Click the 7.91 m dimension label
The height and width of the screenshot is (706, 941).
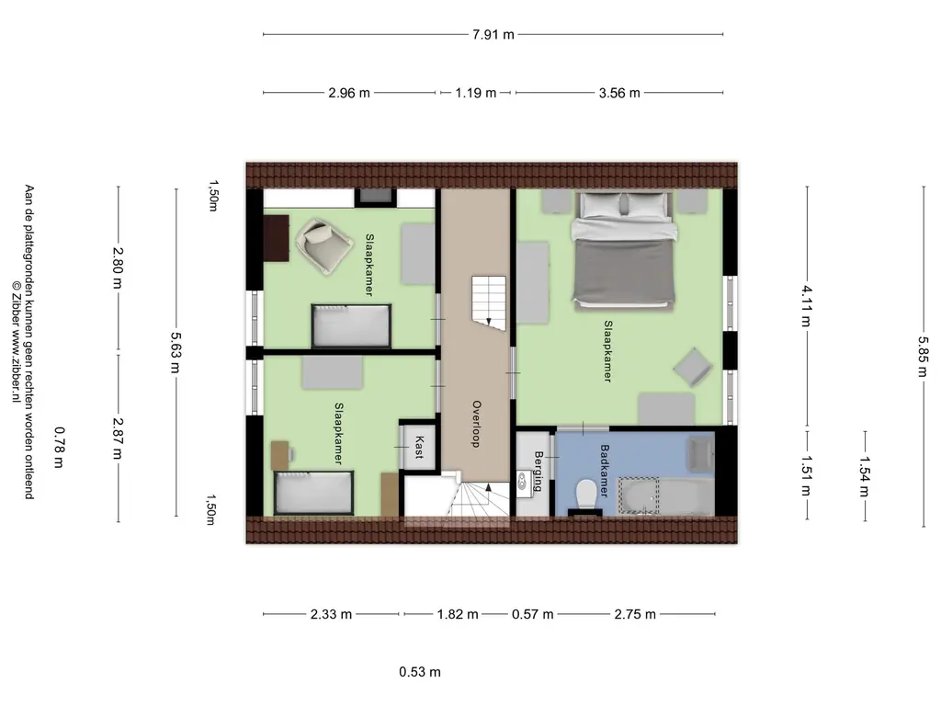tap(493, 35)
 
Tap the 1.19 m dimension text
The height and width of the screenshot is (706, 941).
tap(475, 93)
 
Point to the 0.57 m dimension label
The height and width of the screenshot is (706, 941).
tap(532, 614)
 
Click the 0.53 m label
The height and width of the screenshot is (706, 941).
tap(419, 672)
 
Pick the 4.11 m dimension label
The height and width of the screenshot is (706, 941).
tap(807, 306)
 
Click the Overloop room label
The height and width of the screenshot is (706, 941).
tap(476, 424)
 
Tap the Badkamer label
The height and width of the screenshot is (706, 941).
tap(605, 471)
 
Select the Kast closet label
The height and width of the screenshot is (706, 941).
tap(419, 448)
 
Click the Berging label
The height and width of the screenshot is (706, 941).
tap(538, 472)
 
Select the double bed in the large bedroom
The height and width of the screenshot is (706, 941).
tap(623, 251)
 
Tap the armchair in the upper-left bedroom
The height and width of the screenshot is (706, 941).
tap(324, 246)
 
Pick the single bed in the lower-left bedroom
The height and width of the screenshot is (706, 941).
tap(314, 494)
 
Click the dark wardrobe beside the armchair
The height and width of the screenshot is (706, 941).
tap(276, 238)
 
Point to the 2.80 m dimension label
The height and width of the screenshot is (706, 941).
tap(118, 268)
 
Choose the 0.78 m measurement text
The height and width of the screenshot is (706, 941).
tap(59, 447)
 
